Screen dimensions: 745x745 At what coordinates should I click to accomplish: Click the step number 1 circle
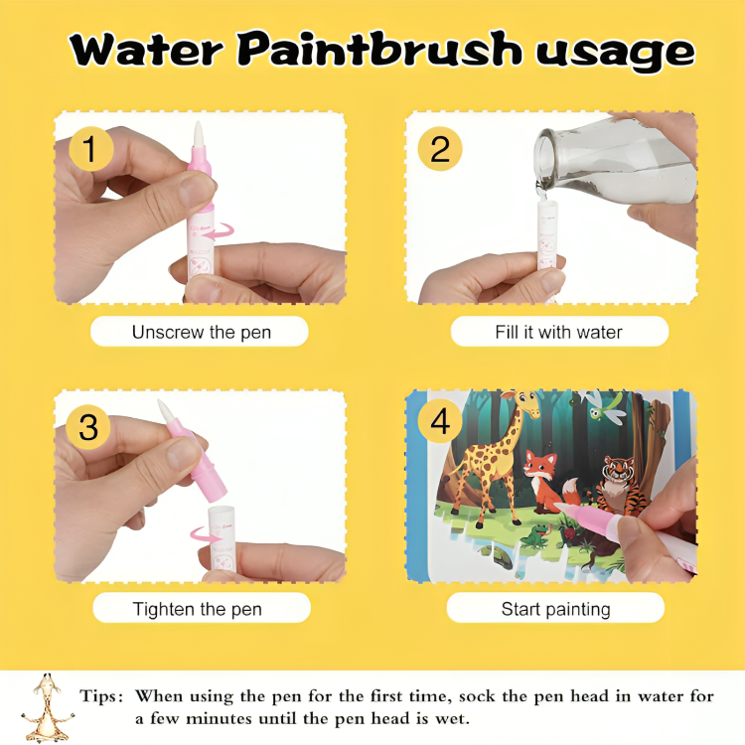90,149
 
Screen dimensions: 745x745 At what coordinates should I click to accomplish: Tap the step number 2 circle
439,149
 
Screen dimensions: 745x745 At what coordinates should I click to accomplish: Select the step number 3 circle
88,427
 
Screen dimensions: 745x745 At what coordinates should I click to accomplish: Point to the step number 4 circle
439,420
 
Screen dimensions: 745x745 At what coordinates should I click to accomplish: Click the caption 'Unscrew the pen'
202,332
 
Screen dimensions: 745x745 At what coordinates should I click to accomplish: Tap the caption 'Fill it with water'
558,332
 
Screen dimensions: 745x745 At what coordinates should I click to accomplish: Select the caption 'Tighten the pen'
198,609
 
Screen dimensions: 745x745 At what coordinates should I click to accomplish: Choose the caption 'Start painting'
556,609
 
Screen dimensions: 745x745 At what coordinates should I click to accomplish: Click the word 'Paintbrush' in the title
378,49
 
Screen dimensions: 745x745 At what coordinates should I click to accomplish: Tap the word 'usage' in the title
616,54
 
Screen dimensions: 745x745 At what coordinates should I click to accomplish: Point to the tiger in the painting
620,486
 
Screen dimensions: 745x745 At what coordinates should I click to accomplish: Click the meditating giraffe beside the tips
47,706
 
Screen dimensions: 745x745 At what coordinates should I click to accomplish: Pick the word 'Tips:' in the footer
101,696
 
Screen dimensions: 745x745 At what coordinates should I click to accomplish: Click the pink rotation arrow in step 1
220,232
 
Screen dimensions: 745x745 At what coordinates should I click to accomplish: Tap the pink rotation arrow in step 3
206,535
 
